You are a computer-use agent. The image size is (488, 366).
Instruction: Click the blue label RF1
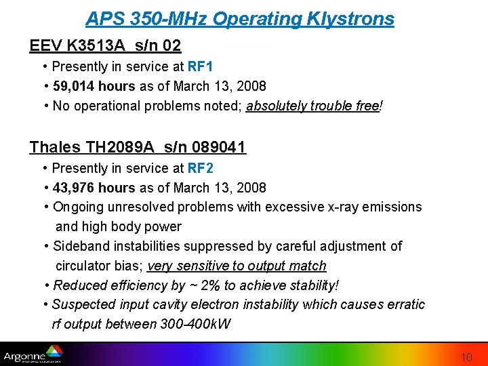pos(201,66)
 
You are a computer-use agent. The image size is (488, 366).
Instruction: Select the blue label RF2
pos(201,168)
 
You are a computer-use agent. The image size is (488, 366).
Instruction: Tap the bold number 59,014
pos(74,86)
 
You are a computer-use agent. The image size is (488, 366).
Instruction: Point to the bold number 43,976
pos(74,188)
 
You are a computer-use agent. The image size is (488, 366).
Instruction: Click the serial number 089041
pos(220,147)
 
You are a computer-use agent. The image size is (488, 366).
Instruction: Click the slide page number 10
pos(467,357)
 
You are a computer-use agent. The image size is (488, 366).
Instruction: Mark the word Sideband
pos(81,246)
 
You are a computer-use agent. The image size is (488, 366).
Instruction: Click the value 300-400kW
pos(197,324)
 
